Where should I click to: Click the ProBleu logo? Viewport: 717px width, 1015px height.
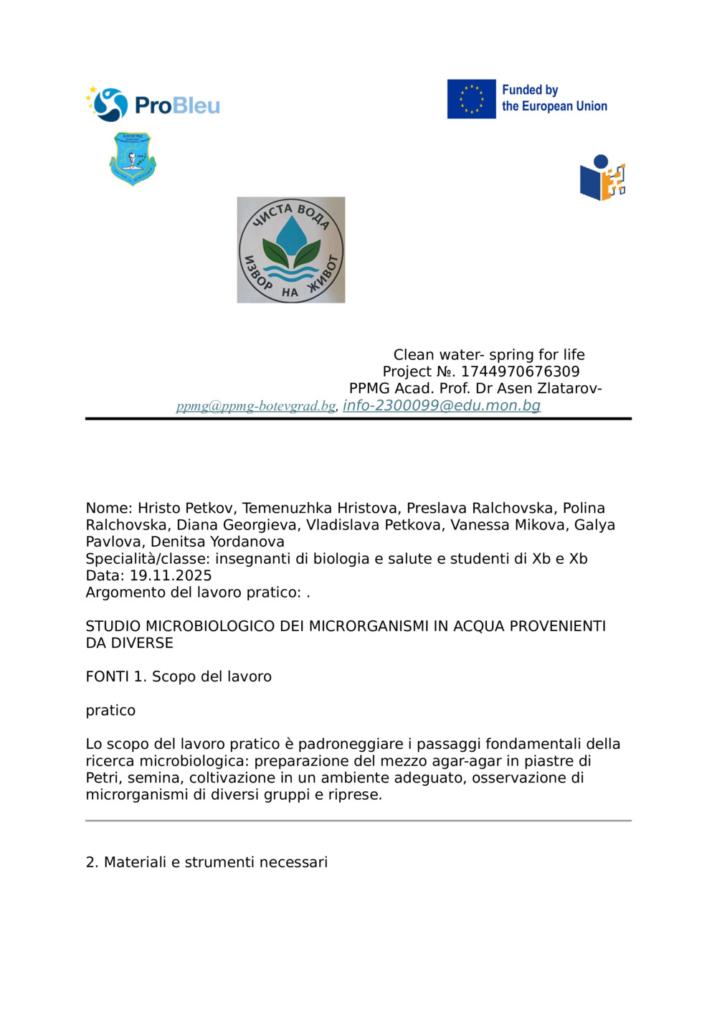pos(153,105)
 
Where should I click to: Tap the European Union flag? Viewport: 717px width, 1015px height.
pos(471,99)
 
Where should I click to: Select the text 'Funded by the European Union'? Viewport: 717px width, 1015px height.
pos(554,98)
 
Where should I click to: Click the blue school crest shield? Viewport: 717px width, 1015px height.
pos(133,159)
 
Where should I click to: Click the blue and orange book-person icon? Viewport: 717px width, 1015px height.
pos(602,178)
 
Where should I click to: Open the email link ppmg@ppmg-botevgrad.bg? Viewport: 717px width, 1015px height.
pos(256,406)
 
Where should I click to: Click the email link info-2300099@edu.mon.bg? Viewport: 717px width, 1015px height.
pos(442,405)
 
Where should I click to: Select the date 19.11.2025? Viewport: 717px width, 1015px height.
pos(171,575)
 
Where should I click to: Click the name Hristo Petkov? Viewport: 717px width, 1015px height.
pos(185,508)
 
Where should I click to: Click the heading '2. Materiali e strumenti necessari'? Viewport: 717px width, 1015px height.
pos(206,862)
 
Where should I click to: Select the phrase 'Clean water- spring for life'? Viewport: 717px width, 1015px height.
pos(489,354)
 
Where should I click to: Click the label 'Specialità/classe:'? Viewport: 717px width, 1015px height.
pos(148,559)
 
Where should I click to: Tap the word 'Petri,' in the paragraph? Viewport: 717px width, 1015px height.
pos(105,778)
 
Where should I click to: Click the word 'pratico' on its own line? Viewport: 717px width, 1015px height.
pos(110,711)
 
